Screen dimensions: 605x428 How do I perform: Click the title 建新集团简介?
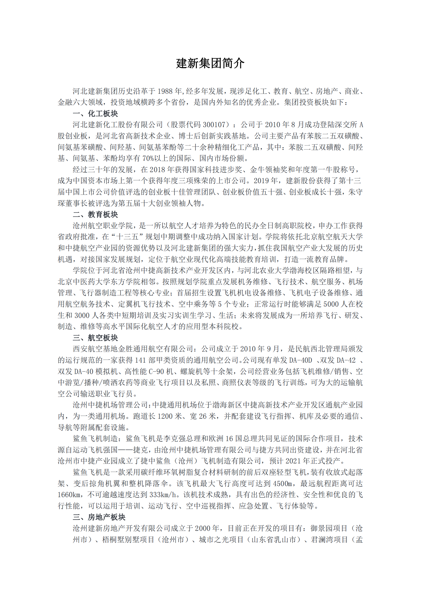(x=210, y=63)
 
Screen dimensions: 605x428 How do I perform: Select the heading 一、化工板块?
(x=95, y=113)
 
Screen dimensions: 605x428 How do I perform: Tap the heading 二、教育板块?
(x=95, y=215)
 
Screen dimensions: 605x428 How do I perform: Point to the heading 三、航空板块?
(x=95, y=338)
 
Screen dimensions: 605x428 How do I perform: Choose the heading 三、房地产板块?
(x=99, y=517)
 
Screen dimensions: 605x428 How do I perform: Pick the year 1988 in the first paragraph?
(x=165, y=91)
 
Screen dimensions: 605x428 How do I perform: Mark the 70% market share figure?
(x=148, y=158)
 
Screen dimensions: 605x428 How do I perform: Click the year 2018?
(x=157, y=170)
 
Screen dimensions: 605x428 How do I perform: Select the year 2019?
(x=261, y=181)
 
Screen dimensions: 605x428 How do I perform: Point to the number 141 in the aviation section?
(x=140, y=360)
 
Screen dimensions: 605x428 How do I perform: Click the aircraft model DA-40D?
(x=300, y=360)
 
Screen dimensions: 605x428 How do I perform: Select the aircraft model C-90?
(x=156, y=372)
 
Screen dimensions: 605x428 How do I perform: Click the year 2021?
(x=293, y=461)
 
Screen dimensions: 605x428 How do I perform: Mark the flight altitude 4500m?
(x=282, y=484)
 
